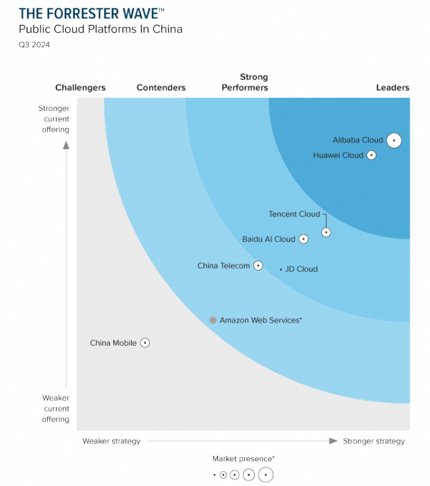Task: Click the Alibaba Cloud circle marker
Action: [394, 140]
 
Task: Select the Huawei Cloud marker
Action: [372, 155]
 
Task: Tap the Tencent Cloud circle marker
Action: [326, 232]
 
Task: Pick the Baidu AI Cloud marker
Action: [303, 239]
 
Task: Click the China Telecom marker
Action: [258, 266]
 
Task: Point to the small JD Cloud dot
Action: [281, 269]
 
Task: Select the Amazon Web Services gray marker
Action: [213, 320]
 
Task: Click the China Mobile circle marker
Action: [145, 343]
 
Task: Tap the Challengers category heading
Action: [80, 88]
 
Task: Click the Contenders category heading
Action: [161, 88]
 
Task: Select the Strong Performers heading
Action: [245, 82]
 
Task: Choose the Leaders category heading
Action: [393, 88]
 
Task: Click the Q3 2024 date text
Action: [34, 45]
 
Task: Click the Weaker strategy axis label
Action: [112, 441]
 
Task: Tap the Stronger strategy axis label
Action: [373, 441]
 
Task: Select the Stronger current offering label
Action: [55, 119]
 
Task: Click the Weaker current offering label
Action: [55, 408]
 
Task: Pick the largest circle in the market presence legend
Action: [265, 475]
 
